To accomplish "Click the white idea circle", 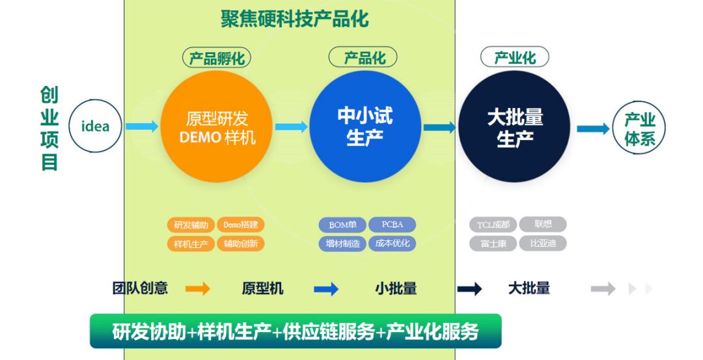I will tap(95, 126).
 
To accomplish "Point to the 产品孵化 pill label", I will tap(216, 59).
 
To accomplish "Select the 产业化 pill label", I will tap(514, 57).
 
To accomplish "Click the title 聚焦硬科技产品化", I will tap(294, 19).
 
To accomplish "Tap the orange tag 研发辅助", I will tap(191, 225).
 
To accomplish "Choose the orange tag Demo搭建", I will tap(240, 225).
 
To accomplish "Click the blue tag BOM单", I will tap(342, 225).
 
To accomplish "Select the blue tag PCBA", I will tap(392, 225).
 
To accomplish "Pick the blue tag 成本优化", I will tap(392, 244).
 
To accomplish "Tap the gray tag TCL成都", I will tap(493, 225).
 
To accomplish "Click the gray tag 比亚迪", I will tap(542, 244).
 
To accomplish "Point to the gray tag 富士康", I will tap(493, 244).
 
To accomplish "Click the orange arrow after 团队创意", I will tap(197, 289).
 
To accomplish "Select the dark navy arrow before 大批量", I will tap(469, 289).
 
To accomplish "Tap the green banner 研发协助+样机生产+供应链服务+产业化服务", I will tap(296, 331).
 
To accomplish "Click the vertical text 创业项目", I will tap(49, 128).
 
